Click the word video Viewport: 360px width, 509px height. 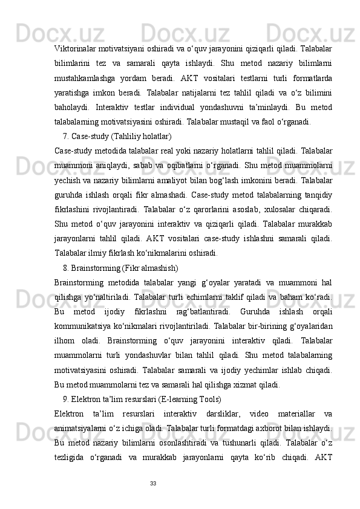(x=260, y=414)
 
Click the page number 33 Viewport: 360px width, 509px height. (x=153, y=483)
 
